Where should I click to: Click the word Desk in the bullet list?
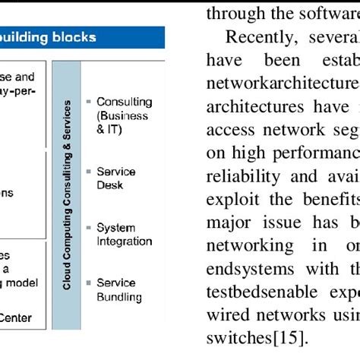pos(109,185)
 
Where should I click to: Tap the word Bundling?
pos(118,296)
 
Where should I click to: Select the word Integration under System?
pos(124,241)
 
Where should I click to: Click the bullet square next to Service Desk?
pos(90,172)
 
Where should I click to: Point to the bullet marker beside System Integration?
pos(90,228)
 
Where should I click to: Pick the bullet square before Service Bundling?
pos(90,283)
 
